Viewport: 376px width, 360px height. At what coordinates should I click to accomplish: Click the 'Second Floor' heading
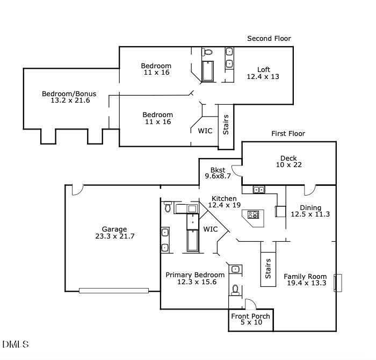point(269,38)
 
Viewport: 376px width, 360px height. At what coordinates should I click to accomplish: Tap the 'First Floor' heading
point(288,133)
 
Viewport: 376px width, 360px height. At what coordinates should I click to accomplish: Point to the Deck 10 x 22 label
point(288,161)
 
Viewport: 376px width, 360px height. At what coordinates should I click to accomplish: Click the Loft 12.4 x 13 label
point(263,73)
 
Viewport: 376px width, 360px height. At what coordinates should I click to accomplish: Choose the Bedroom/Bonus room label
point(66,97)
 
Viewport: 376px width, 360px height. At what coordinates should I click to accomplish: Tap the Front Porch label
point(251,319)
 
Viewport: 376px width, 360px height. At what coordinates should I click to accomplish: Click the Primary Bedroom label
point(195,278)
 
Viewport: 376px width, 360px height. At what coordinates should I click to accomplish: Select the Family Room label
point(305,280)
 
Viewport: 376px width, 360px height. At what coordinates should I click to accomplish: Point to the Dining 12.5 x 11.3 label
point(310,211)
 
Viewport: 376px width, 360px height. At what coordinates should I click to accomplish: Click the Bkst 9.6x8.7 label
point(218,172)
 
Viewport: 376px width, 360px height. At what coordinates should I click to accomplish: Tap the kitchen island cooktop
point(253,215)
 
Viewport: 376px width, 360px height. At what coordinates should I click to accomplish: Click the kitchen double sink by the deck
point(259,190)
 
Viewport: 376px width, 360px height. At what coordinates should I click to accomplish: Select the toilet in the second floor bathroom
point(207,53)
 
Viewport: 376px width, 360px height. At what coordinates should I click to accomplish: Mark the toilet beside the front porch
point(235,290)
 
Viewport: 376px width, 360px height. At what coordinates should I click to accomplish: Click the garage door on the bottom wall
point(113,291)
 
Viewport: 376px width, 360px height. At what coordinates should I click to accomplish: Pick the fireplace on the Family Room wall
point(338,283)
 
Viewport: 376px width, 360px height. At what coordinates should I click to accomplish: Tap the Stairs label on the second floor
point(226,124)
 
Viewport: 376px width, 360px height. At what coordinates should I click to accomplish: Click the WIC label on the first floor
point(211,229)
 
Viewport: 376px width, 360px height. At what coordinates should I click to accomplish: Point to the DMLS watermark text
point(16,344)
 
